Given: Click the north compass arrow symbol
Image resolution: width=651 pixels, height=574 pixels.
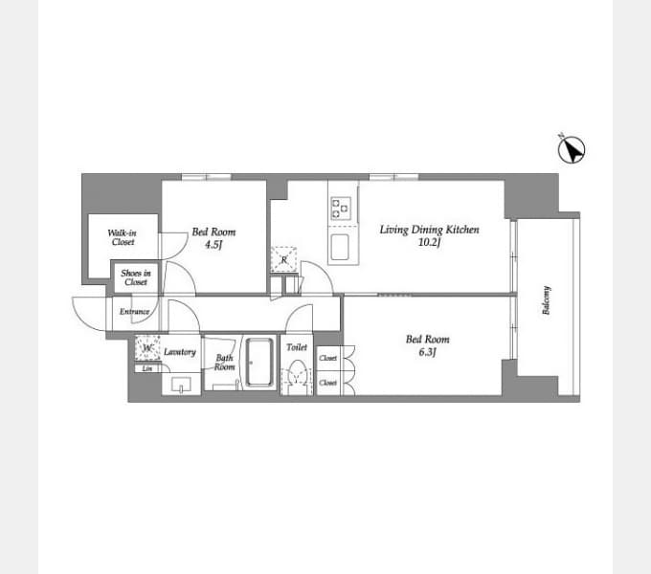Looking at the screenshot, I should point(572,149).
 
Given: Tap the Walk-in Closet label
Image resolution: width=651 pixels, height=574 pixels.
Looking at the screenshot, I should point(122,237).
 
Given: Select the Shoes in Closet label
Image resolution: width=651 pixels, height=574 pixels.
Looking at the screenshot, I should point(135,277).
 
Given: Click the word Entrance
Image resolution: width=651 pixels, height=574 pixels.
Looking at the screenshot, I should point(134,312).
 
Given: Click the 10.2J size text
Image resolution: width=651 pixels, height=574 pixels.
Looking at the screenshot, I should point(428,243).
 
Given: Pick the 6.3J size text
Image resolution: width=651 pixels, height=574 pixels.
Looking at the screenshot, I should point(427,352).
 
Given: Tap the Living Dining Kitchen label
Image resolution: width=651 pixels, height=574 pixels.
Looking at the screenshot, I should point(429,230).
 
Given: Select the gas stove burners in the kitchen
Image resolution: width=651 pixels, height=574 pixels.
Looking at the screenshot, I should point(342,209).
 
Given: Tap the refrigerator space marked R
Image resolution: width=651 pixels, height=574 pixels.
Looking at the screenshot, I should point(284,259).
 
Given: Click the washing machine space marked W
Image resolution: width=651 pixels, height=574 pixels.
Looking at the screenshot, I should point(146,349).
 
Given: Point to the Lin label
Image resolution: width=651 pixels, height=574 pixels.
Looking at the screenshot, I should point(146,368).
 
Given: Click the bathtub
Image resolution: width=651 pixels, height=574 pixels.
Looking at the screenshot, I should point(258,364).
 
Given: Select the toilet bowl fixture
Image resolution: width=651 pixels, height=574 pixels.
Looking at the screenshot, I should point(297,377).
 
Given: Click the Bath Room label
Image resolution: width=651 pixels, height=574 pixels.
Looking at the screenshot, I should point(224,363).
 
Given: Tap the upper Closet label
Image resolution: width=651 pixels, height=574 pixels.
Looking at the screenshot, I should point(328,358).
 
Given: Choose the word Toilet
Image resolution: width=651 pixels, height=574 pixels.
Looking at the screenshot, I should point(297,348).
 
